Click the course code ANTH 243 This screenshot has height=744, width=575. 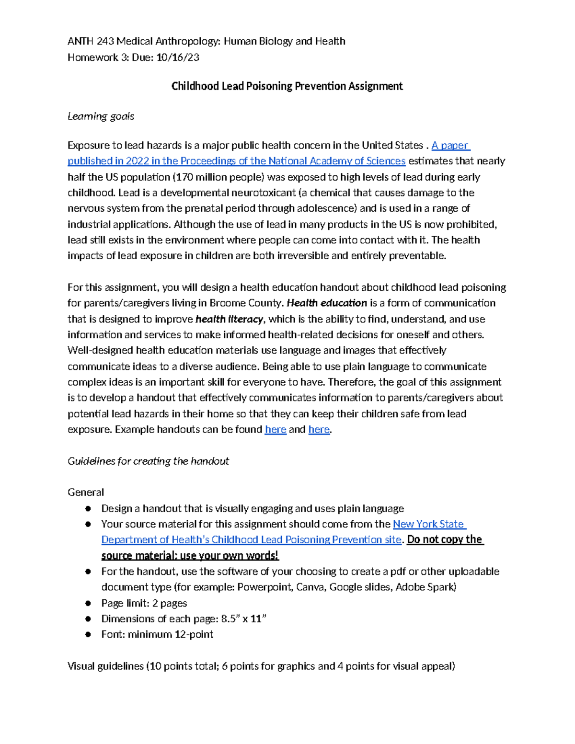90,41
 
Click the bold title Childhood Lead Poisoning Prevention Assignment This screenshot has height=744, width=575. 287,86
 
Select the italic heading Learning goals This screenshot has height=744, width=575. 101,116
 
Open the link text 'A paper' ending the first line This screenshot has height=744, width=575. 450,145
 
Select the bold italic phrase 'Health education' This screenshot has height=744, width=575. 327,303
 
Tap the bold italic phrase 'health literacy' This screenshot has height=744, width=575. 230,319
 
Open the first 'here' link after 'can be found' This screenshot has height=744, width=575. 276,429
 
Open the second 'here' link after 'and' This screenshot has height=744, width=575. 319,429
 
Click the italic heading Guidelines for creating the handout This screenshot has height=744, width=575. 148,461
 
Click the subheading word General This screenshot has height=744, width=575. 86,492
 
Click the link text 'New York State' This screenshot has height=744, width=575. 429,524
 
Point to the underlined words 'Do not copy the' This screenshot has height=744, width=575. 445,539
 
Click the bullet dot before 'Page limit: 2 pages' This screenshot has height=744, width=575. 88,603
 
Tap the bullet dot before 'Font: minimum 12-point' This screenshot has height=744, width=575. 88,634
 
